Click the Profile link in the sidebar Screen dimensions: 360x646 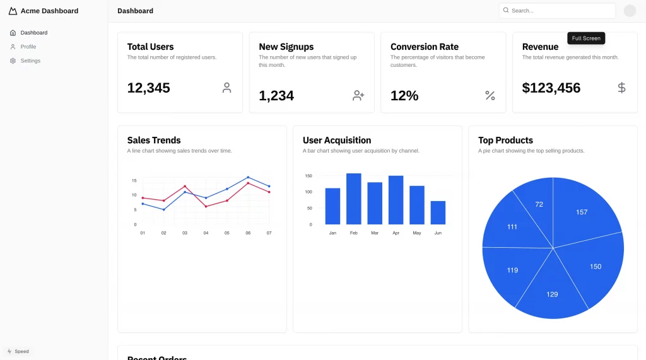pyautogui.click(x=28, y=47)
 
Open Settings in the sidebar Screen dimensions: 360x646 pyautogui.click(x=30, y=61)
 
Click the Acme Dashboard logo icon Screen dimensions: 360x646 pyautogui.click(x=13, y=11)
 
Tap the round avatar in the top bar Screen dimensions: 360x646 pyautogui.click(x=630, y=11)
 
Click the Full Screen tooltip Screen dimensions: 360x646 pyautogui.click(x=586, y=38)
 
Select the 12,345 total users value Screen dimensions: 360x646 pyautogui.click(x=148, y=88)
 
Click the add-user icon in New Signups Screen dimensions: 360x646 pyautogui.click(x=358, y=96)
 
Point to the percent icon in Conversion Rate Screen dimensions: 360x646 pyautogui.click(x=490, y=96)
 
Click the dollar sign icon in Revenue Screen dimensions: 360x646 pyautogui.click(x=621, y=88)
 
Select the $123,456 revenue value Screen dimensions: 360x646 pyautogui.click(x=551, y=88)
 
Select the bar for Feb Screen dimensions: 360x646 pyautogui.click(x=354, y=199)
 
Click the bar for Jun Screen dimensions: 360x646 pyautogui.click(x=438, y=212)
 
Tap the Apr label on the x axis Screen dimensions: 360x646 pyautogui.click(x=396, y=233)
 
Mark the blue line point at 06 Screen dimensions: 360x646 pyautogui.click(x=248, y=177)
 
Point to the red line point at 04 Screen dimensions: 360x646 pyautogui.click(x=206, y=206)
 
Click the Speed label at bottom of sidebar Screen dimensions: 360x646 pyautogui.click(x=21, y=351)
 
